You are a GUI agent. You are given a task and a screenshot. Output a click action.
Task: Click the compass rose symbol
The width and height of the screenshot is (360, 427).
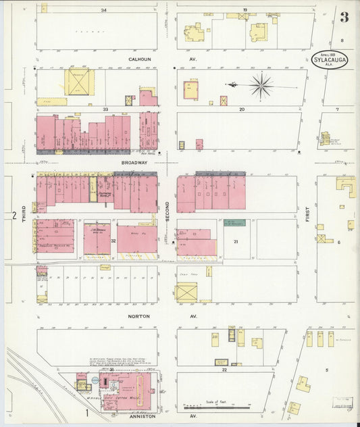259,85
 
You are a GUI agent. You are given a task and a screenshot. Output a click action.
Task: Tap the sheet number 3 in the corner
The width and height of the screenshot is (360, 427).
344,18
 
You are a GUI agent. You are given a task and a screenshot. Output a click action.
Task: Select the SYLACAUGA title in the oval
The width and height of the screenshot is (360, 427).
329,60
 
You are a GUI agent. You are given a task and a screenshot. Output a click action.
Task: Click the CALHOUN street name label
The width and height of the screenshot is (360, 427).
138,59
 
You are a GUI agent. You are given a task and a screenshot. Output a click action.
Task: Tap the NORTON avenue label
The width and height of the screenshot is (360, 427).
138,316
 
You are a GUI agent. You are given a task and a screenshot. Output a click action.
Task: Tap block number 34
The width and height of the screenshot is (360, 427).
103,11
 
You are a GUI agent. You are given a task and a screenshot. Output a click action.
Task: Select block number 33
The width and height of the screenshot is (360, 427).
105,109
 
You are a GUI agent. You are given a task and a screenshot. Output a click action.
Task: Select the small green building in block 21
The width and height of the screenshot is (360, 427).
234,223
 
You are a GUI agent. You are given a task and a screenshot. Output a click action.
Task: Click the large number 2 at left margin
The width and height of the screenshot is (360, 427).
14,216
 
